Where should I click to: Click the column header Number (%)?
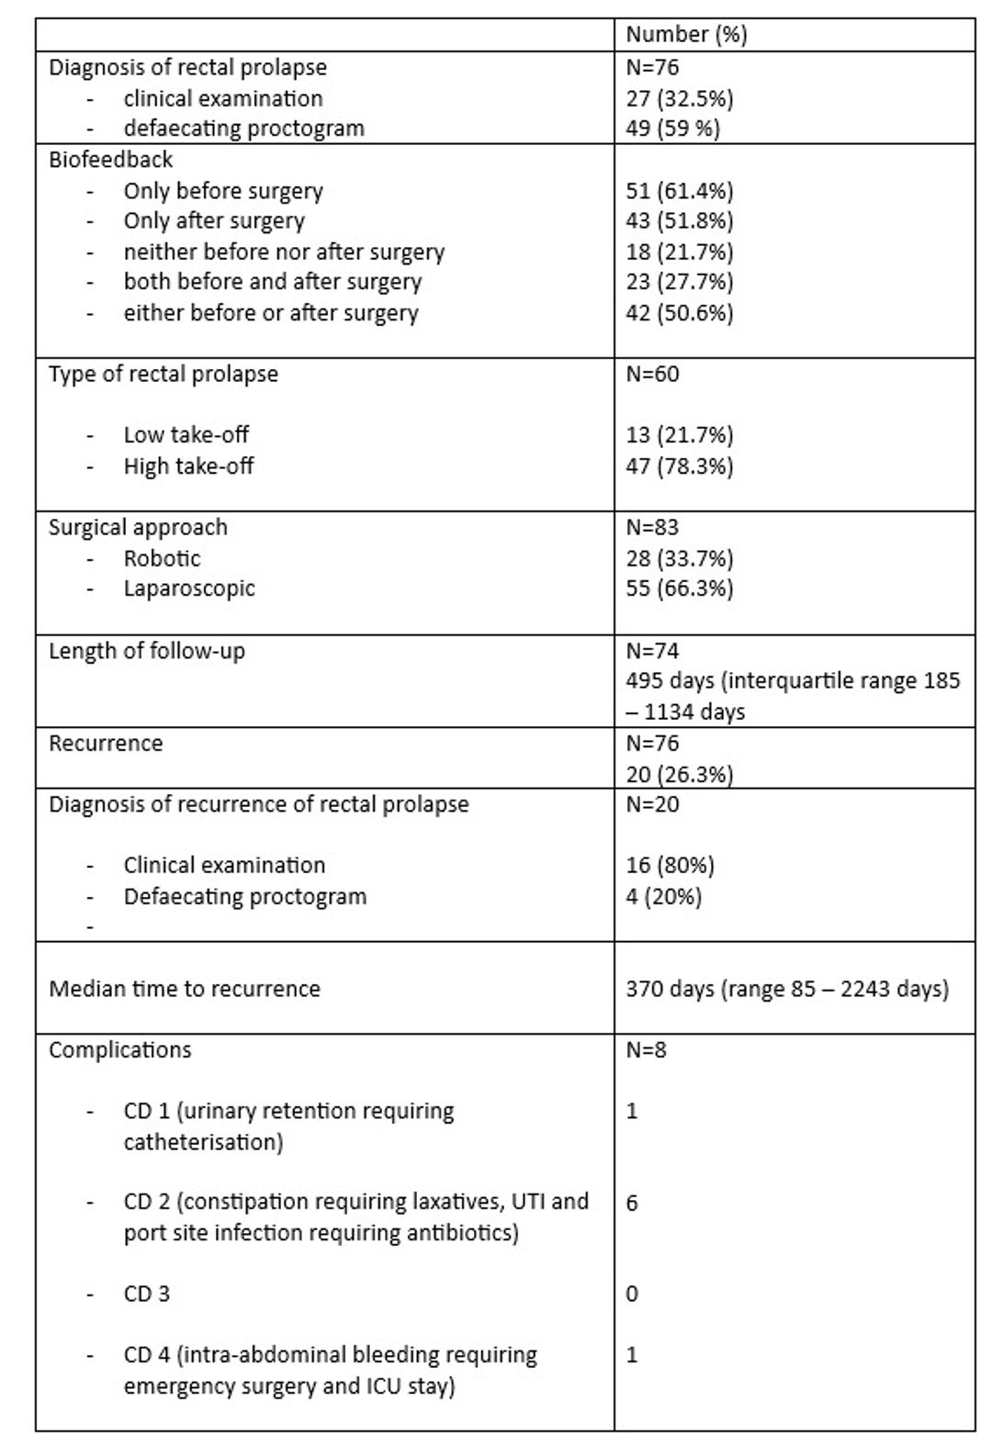tap(686, 35)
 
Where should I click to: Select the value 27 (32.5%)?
tap(680, 98)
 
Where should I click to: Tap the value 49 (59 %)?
tap(673, 128)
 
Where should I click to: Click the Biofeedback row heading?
tap(110, 160)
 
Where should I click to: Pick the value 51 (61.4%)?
tap(680, 191)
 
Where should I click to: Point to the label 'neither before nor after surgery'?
tap(284, 252)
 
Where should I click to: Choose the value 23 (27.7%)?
tap(680, 282)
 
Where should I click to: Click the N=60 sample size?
tap(653, 374)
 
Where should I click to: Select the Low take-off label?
tap(186, 434)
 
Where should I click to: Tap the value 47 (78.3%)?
tap(680, 466)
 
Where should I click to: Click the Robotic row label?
tap(162, 558)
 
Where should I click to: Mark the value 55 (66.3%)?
tap(680, 588)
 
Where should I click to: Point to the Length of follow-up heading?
tap(147, 651)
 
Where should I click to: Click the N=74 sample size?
tap(653, 651)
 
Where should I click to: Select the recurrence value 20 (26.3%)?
tap(680, 774)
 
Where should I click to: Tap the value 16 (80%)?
tap(670, 865)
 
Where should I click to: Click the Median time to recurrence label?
tap(185, 989)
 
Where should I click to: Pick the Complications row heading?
tap(120, 1049)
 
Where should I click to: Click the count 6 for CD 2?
tap(632, 1203)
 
